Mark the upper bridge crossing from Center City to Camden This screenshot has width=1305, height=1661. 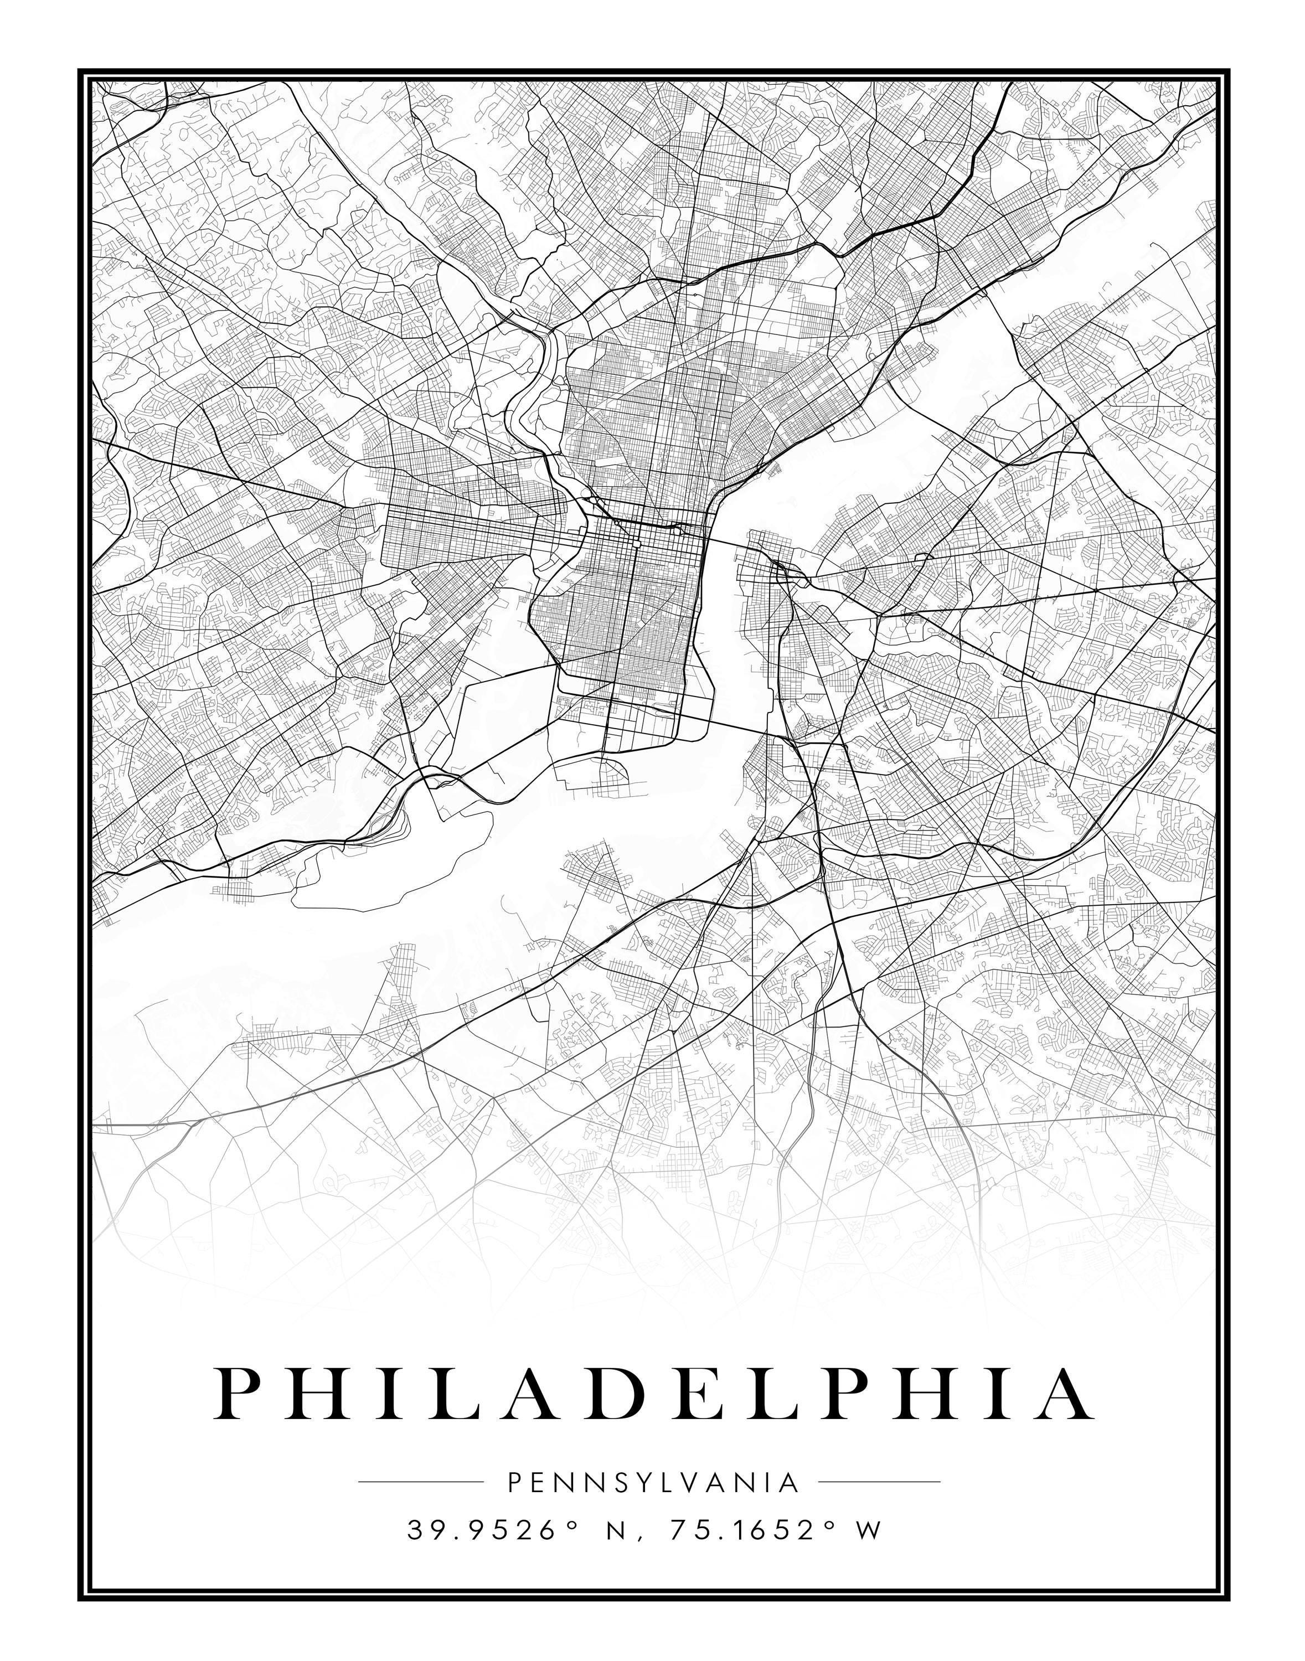[726, 541]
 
